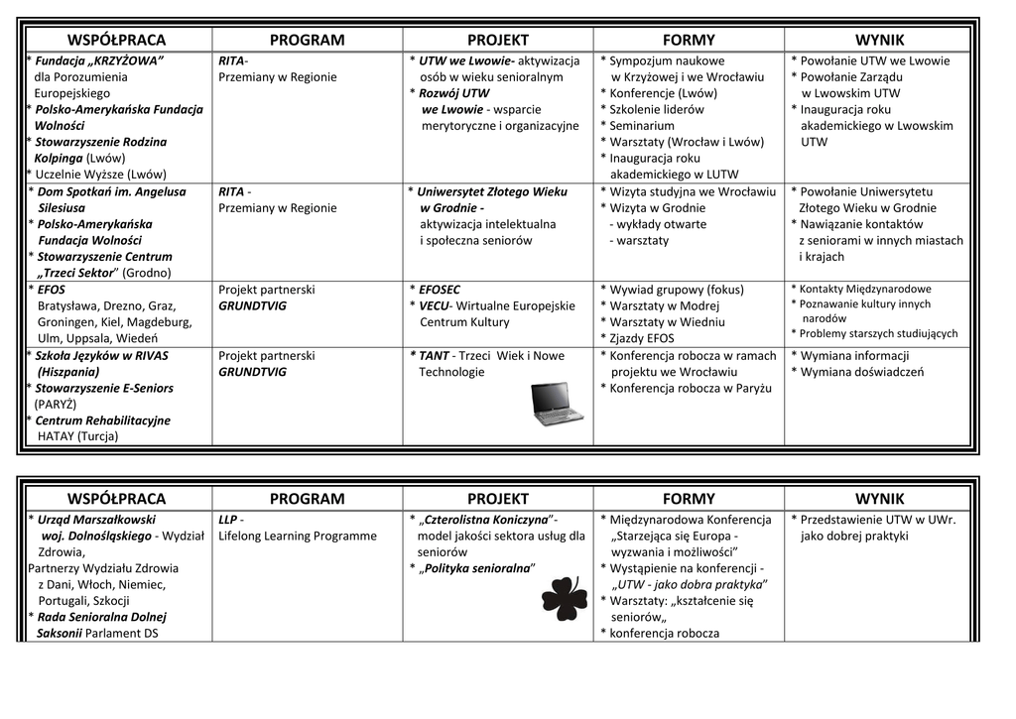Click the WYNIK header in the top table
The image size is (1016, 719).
point(879,41)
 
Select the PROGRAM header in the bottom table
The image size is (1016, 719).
point(307,499)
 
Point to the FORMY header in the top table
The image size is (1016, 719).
point(688,41)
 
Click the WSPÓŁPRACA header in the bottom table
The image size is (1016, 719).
point(116,499)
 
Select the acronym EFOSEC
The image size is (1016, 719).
point(440,290)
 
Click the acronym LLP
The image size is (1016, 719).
point(227,520)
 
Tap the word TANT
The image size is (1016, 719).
point(434,356)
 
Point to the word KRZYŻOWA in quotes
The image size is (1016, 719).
point(128,61)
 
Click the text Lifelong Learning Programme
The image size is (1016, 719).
point(298,537)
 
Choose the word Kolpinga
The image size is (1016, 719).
point(59,158)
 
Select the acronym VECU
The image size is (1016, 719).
point(435,305)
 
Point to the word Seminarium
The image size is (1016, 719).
point(642,126)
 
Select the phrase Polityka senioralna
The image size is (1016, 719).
point(478,568)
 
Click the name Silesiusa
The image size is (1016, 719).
point(62,208)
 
